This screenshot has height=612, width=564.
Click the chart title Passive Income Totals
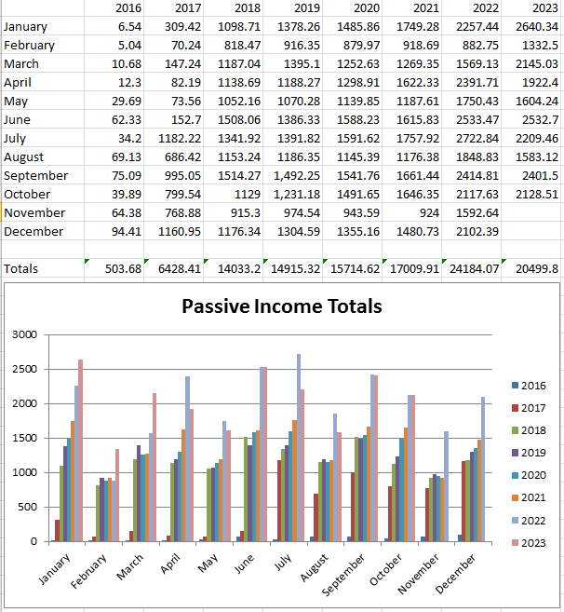[281, 306]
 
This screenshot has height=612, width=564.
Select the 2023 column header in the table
[544, 8]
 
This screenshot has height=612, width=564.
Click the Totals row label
[21, 268]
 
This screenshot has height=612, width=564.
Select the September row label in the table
[35, 175]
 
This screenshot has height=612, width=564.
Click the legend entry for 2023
[527, 542]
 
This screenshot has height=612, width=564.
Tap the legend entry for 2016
[527, 386]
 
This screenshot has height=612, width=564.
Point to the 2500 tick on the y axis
[24, 370]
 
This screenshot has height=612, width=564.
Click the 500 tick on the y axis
[28, 507]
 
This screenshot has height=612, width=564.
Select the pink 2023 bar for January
[80, 451]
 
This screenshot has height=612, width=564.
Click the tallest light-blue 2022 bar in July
[298, 447]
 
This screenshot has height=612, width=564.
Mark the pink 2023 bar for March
[154, 468]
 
